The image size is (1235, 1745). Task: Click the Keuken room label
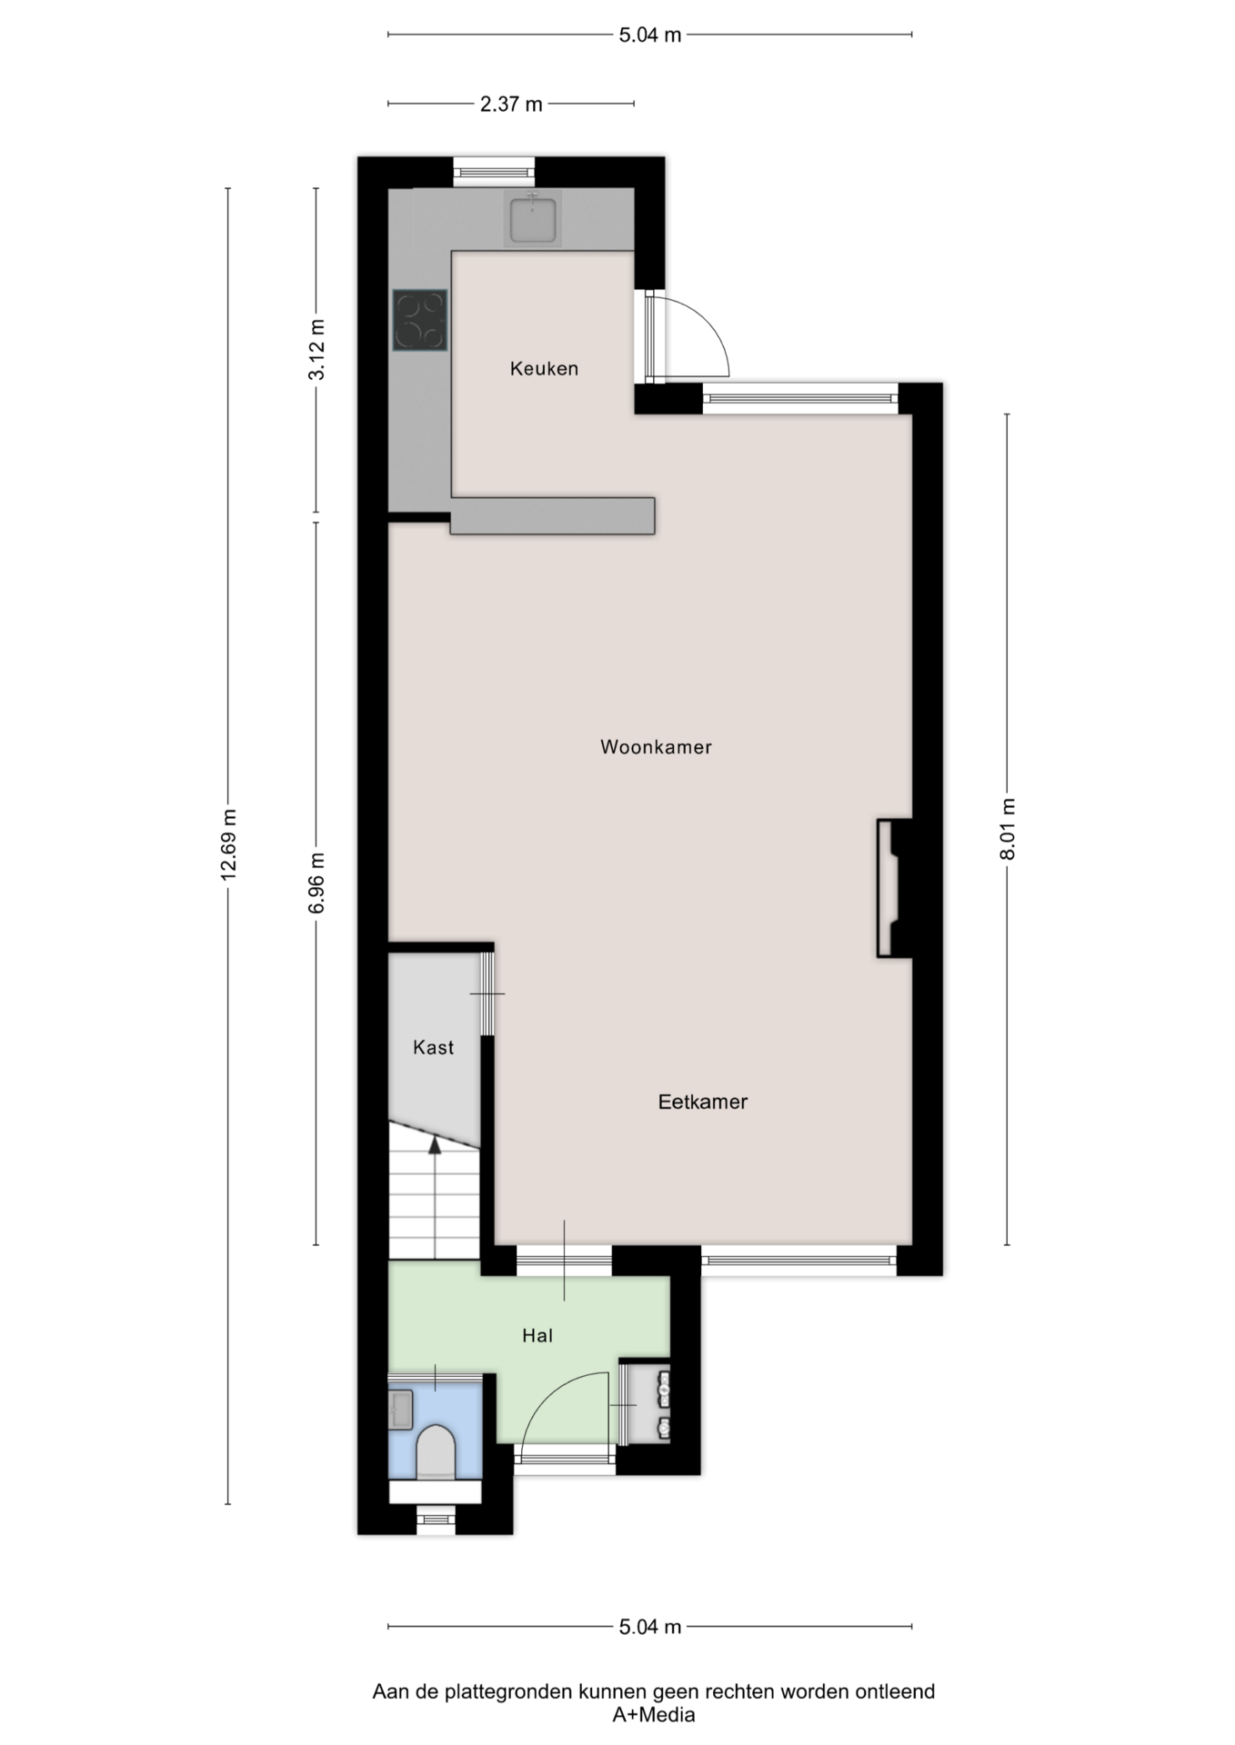click(x=544, y=368)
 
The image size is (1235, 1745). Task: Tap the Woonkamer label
click(x=656, y=747)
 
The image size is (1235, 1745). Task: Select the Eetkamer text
click(x=703, y=1102)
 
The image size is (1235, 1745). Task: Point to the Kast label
click(x=433, y=1047)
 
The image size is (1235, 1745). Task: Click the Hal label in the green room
click(x=537, y=1335)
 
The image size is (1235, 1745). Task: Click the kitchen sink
click(x=532, y=219)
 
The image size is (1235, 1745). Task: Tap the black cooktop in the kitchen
click(x=420, y=320)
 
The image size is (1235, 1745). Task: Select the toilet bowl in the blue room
click(x=435, y=1452)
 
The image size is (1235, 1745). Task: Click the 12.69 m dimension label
click(x=228, y=843)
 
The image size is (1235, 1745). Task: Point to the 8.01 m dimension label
click(x=1007, y=829)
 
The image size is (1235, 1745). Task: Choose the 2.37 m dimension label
click(x=511, y=105)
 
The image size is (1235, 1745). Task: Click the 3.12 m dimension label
click(x=316, y=350)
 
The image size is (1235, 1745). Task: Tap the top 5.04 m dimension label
click(x=650, y=35)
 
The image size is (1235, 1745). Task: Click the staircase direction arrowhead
click(x=435, y=1145)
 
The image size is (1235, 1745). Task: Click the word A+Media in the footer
click(x=653, y=1715)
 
